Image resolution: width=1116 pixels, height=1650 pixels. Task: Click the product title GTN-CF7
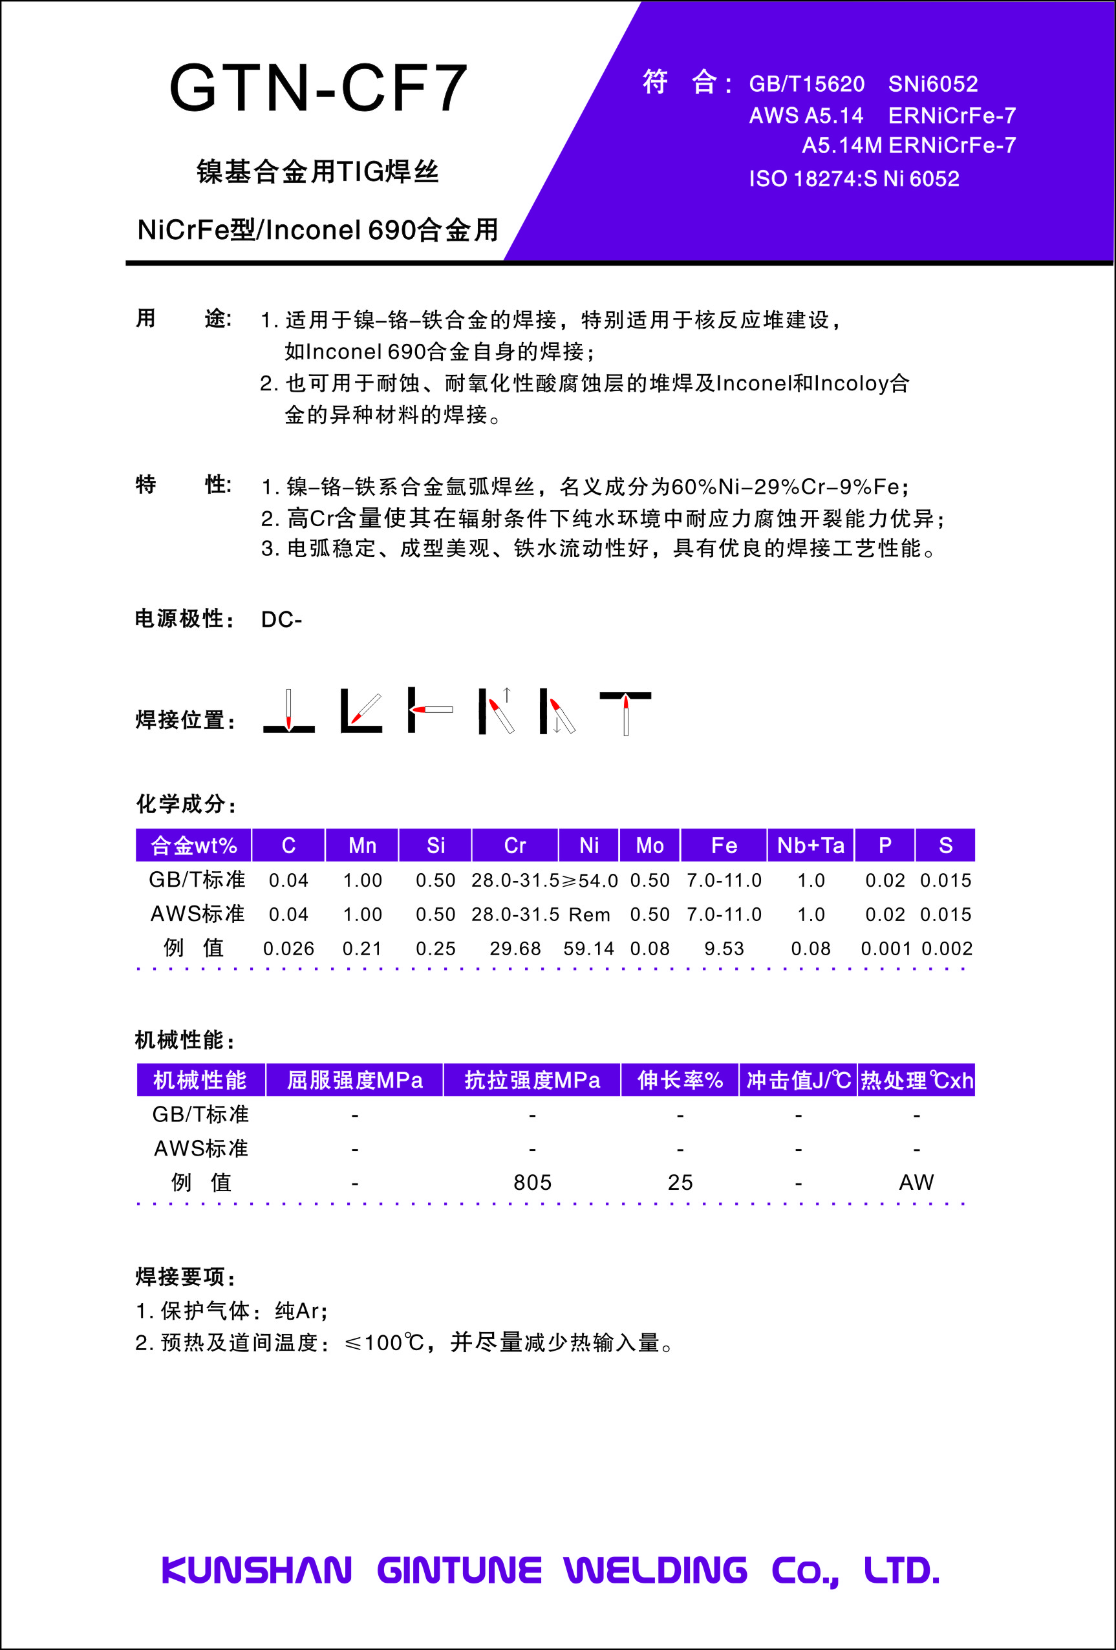(x=318, y=88)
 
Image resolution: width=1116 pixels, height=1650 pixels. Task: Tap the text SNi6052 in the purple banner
(x=933, y=85)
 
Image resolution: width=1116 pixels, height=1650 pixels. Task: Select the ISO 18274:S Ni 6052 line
(x=854, y=179)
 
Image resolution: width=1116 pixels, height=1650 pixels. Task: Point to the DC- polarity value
(x=281, y=620)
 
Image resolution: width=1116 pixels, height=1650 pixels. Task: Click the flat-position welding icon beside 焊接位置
(x=288, y=712)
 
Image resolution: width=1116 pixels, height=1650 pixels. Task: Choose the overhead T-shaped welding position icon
(x=625, y=712)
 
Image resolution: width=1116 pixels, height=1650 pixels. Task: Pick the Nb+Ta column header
(x=811, y=845)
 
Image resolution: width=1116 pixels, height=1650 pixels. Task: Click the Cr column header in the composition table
(x=515, y=845)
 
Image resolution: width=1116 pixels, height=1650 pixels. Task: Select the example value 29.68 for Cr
(x=515, y=949)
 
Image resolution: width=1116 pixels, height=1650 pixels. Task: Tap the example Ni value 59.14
(x=588, y=949)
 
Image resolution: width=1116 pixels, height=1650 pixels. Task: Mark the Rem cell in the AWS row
(x=589, y=915)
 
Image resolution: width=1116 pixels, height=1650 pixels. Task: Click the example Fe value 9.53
(x=724, y=949)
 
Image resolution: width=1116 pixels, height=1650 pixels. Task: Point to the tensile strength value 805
(x=532, y=1183)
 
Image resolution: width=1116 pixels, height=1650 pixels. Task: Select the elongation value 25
(x=680, y=1183)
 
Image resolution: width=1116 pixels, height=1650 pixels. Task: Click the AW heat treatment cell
(x=916, y=1183)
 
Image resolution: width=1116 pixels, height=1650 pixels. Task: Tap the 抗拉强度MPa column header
(x=532, y=1081)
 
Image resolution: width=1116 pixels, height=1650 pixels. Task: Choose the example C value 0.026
(x=288, y=949)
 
